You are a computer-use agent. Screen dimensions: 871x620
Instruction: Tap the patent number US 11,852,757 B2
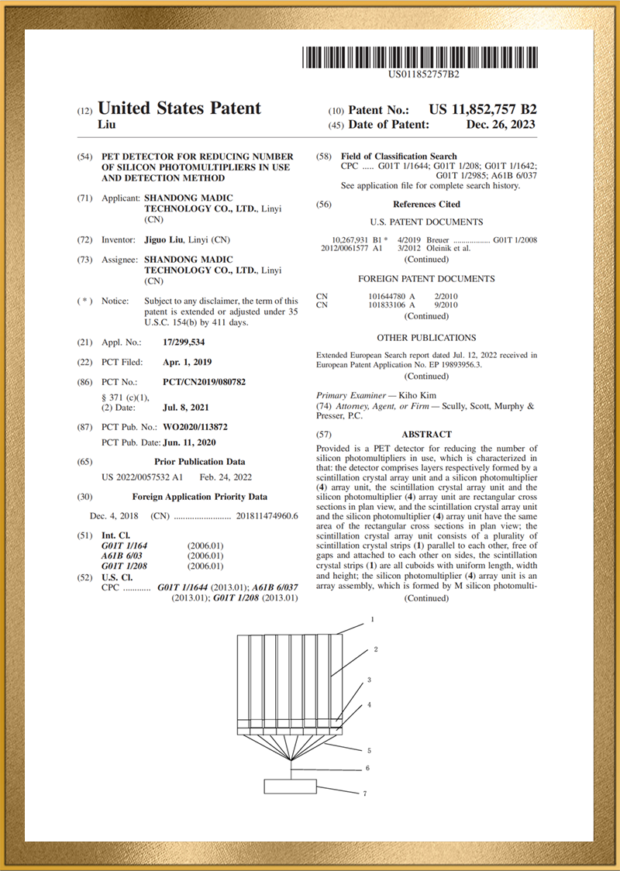(482, 110)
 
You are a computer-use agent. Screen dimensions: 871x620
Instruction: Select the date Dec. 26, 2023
(500, 125)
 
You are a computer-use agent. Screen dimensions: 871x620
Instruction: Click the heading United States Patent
(179, 108)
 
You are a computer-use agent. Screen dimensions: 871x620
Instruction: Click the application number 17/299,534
(184, 342)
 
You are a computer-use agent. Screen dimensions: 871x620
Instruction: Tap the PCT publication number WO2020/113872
(195, 427)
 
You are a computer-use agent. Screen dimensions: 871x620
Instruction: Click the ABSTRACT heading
(426, 435)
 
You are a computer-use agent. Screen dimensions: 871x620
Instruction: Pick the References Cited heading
(426, 205)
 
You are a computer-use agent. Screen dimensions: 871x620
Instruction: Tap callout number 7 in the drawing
(363, 794)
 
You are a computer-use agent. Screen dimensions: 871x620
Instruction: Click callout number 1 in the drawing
(372, 620)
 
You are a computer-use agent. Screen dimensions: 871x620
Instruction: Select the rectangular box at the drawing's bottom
(291, 786)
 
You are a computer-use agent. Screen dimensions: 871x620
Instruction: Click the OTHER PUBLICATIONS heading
(426, 338)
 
